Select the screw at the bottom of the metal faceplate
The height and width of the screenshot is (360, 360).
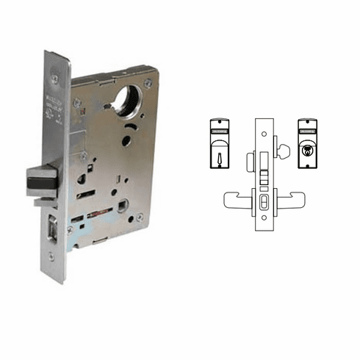(51, 256)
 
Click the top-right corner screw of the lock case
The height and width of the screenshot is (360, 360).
(149, 83)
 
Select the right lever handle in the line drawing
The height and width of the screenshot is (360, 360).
(297, 198)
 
